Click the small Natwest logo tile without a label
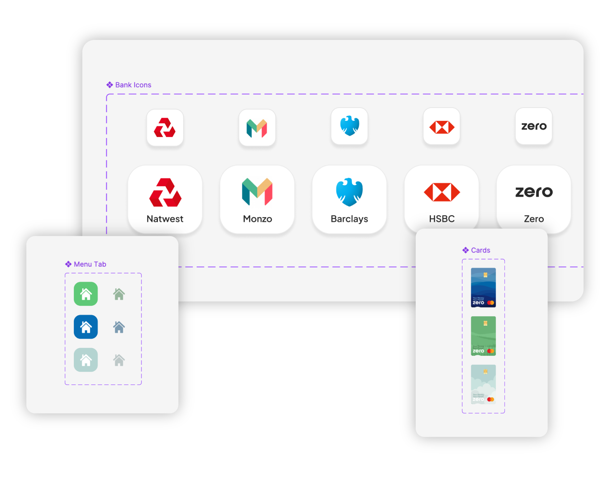[165, 128]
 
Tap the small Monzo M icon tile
[257, 128]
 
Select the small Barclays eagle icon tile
[349, 126]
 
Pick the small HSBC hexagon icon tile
[442, 126]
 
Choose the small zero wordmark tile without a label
[534, 126]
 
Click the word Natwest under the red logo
[165, 219]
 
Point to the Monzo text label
[257, 219]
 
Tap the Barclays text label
[349, 219]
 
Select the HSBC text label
[442, 219]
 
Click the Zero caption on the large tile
[534, 219]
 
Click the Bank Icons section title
[133, 85]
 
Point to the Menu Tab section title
[90, 264]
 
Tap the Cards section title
[481, 250]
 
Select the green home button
[86, 294]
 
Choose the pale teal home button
[86, 360]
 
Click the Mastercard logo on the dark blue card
[491, 303]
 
